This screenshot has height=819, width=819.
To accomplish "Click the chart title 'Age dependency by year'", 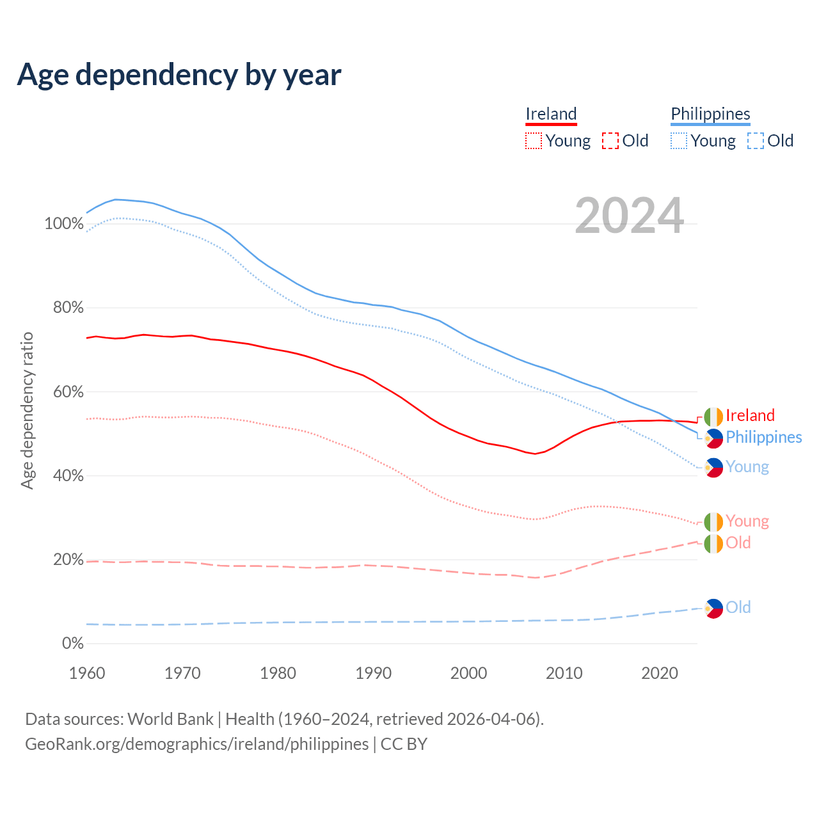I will (x=179, y=75).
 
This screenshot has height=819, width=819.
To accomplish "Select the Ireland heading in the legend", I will (x=551, y=114).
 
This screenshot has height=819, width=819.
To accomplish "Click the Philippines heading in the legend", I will (x=710, y=114).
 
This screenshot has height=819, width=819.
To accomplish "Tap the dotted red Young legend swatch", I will (x=533, y=141).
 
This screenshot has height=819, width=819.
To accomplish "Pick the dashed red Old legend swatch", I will (x=610, y=141).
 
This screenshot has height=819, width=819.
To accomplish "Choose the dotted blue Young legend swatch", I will (x=679, y=141).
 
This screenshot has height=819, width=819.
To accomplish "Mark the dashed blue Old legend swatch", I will (x=756, y=141).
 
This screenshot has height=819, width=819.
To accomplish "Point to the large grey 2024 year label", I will (x=630, y=216).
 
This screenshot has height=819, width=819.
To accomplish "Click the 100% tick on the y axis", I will (x=64, y=224).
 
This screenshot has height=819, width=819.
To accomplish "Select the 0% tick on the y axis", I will (x=72, y=644).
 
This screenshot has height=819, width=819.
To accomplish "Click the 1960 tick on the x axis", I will (x=87, y=673).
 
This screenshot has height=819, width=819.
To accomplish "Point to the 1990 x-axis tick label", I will (x=374, y=673).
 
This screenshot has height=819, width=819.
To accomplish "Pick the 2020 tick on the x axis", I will (x=660, y=673).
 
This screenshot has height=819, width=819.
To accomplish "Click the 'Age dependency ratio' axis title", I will (x=27, y=410).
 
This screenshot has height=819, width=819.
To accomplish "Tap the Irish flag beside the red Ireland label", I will (x=713, y=417).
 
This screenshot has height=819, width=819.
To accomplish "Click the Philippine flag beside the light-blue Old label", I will (x=713, y=608).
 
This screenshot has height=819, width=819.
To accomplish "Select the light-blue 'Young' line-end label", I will (x=747, y=466).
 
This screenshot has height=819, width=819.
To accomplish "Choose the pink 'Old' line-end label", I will (x=738, y=543).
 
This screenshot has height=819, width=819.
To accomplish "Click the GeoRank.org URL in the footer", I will (x=196, y=744).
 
